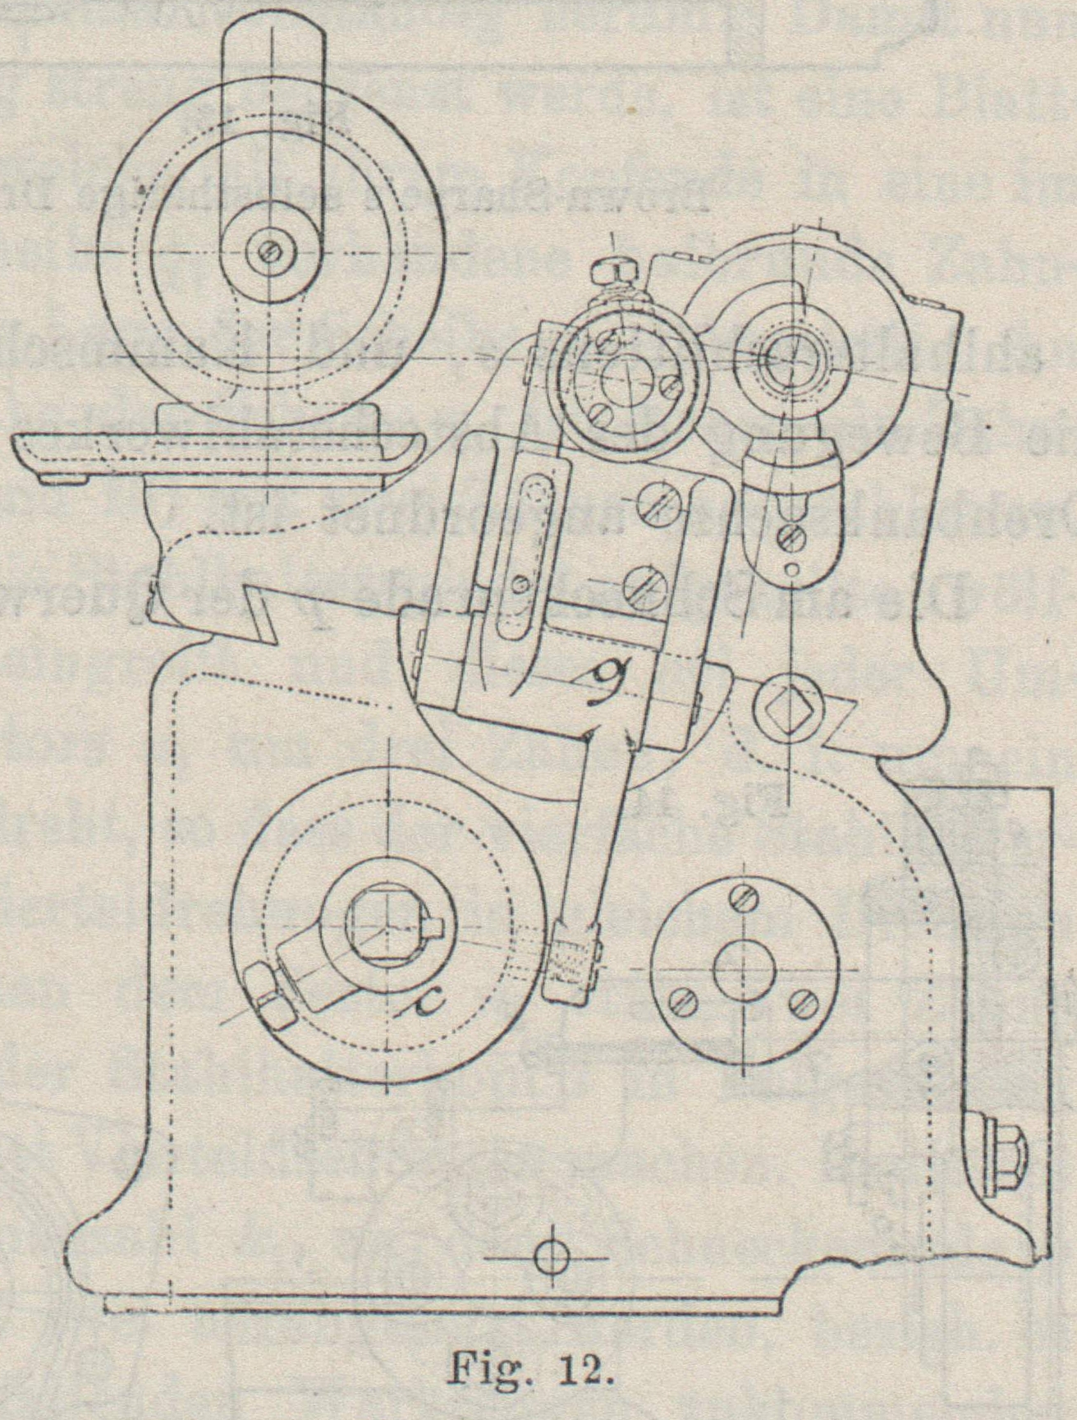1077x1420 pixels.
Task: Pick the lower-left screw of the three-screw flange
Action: point(685,1000)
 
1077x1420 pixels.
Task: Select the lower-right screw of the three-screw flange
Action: point(802,1002)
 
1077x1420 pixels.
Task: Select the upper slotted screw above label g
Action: point(647,519)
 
